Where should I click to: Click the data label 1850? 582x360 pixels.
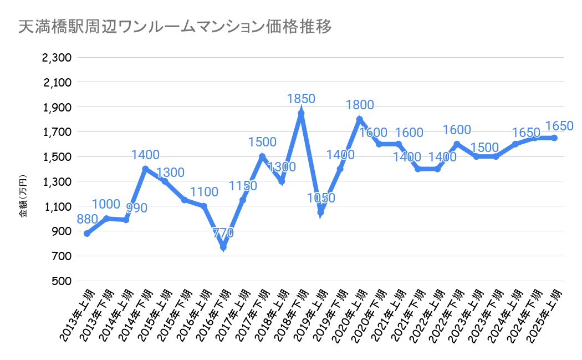click(301, 99)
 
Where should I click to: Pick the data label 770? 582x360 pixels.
click(223, 233)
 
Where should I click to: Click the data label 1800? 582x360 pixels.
click(360, 105)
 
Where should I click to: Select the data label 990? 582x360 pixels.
click(136, 209)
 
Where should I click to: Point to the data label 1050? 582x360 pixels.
click(320, 198)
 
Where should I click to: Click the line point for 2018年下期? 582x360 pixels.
click(301, 113)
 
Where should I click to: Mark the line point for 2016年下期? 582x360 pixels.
click(223, 247)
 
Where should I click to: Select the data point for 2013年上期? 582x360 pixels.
click(87, 234)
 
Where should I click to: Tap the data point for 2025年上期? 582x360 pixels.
click(554, 138)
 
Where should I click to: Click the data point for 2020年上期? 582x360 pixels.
click(359, 119)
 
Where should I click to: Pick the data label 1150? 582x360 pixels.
click(243, 186)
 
